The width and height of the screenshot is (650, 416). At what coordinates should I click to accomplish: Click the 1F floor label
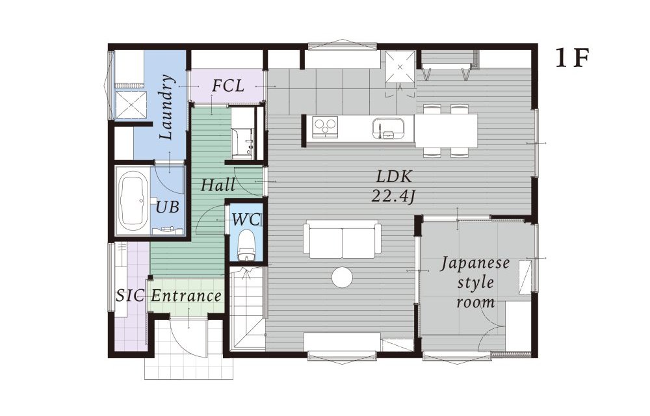click(x=572, y=59)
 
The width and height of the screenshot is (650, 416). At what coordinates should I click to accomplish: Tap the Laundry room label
click(x=167, y=107)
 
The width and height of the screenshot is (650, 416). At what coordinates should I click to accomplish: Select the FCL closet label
click(x=227, y=86)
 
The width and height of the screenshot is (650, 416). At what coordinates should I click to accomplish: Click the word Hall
click(x=218, y=185)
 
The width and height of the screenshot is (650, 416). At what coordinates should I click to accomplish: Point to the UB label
click(x=167, y=207)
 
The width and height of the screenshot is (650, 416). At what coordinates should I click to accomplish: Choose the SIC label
click(x=130, y=296)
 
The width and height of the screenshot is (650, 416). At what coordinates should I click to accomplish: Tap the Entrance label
click(x=186, y=296)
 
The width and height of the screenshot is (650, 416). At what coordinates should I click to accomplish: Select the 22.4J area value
click(x=393, y=196)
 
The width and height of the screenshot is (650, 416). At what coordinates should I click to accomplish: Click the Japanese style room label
click(x=475, y=283)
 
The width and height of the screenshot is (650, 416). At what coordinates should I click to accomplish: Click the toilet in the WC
click(x=246, y=246)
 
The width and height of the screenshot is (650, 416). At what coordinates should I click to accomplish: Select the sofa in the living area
click(x=342, y=239)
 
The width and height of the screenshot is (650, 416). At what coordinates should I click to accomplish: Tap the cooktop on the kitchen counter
click(x=325, y=126)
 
